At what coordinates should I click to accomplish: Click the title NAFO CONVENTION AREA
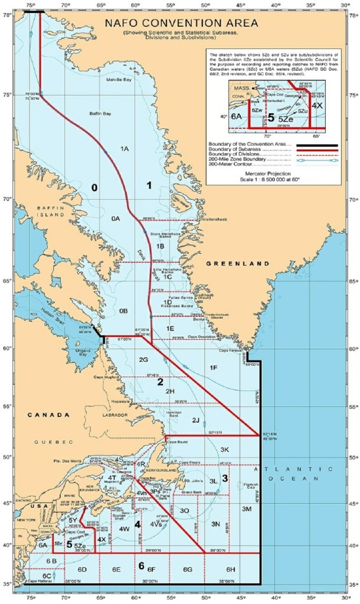(181, 24)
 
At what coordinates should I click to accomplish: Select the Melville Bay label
(119, 80)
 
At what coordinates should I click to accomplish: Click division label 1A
(125, 149)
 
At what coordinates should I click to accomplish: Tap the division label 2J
(196, 420)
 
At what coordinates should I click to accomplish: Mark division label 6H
(231, 569)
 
